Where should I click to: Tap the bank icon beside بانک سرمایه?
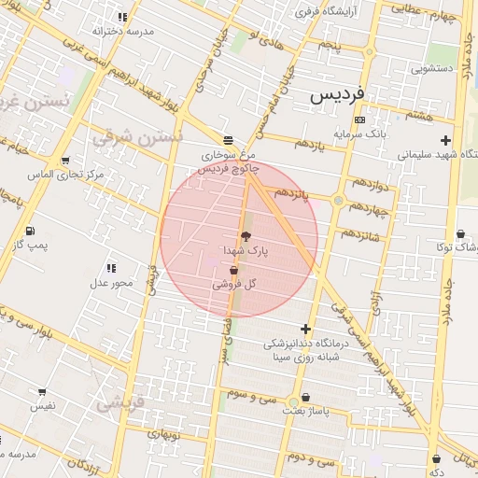pyautogui.click(x=360, y=120)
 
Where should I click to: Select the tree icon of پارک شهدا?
pyautogui.click(x=246, y=237)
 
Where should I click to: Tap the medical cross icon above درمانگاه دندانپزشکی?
pyautogui.click(x=305, y=328)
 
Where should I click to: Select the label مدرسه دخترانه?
pyautogui.click(x=149, y=30)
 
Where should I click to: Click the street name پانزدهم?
pyautogui.click(x=291, y=193)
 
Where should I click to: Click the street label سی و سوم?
pyautogui.click(x=252, y=396)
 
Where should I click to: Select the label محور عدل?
pyautogui.click(x=111, y=282)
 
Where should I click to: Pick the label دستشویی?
pyautogui.click(x=430, y=68)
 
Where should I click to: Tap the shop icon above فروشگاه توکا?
pyautogui.click(x=461, y=233)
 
